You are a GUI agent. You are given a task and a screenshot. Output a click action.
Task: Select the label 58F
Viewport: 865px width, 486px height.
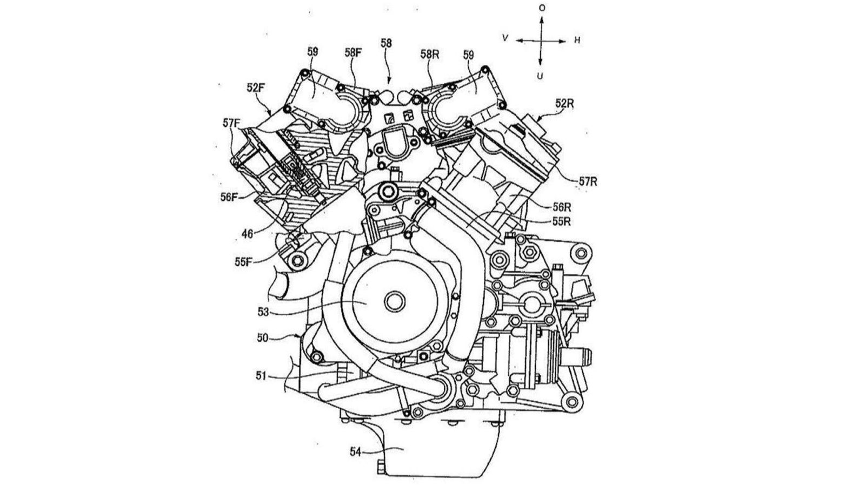point(354,53)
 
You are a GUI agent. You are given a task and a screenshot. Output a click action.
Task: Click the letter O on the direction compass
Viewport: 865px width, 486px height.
point(542,8)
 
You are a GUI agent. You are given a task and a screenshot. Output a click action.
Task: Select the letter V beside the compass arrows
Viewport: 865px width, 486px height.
point(505,39)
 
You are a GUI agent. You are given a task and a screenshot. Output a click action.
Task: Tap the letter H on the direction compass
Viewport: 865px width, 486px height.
point(577,40)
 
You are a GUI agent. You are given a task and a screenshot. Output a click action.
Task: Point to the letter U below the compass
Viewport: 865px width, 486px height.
point(540,76)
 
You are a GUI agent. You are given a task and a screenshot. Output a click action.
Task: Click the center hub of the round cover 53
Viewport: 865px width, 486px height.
point(394,300)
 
